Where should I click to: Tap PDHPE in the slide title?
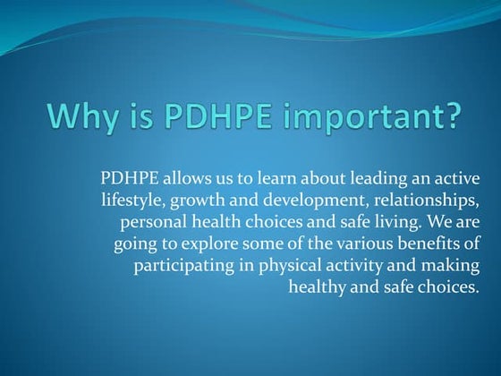click(200, 116)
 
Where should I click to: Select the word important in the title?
click(349, 118)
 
